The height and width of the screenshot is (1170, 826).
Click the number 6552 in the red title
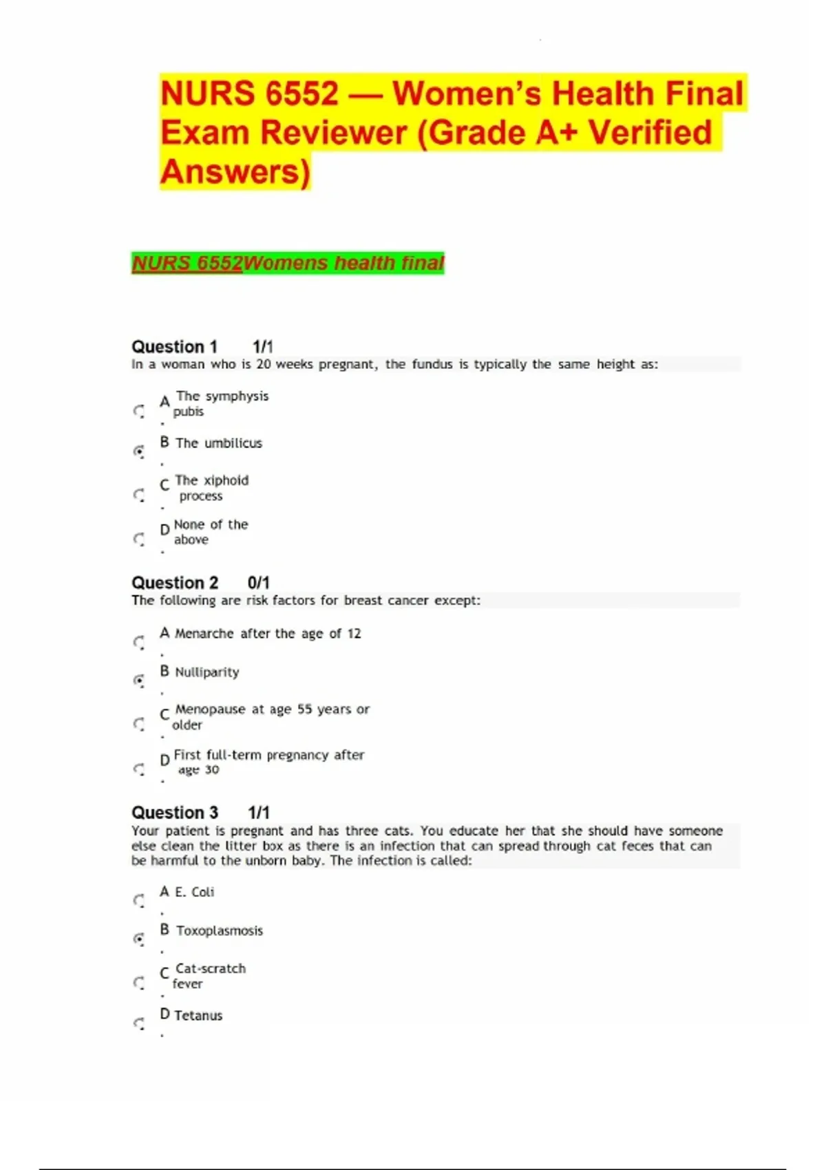(x=301, y=94)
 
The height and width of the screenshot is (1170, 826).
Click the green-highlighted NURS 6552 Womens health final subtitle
(x=288, y=263)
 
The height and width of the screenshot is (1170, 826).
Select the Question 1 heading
(x=174, y=346)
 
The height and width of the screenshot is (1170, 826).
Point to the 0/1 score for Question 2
(x=258, y=582)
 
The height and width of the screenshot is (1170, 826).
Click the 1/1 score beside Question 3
(x=259, y=812)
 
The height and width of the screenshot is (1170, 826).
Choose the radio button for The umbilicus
(x=139, y=451)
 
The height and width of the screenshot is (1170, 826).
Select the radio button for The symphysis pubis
(x=139, y=412)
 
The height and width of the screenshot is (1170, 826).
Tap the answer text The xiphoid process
(x=211, y=488)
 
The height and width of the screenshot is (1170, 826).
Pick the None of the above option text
(x=210, y=532)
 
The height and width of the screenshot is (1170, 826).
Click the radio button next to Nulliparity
(x=139, y=681)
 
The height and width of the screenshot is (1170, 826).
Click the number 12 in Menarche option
(x=354, y=633)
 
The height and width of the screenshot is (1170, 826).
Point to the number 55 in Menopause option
(x=304, y=709)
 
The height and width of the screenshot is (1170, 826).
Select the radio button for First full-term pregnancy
(x=139, y=769)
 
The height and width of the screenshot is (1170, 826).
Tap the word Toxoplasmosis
(x=220, y=930)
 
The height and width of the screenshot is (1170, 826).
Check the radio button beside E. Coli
(x=139, y=900)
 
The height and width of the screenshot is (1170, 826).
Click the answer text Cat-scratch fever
(x=209, y=976)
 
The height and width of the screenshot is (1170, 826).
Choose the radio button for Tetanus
(x=139, y=1023)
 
